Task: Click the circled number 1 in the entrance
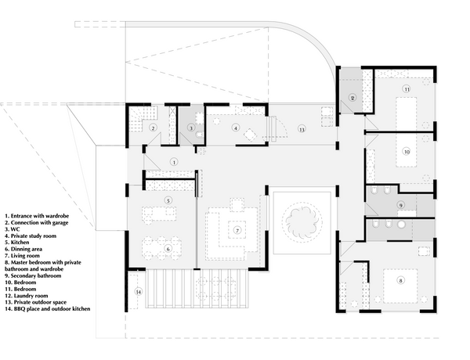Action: tap(174, 162)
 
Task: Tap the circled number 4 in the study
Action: tap(236, 128)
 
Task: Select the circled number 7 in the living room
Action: tap(237, 230)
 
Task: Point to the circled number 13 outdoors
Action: tap(302, 129)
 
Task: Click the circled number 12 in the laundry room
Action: tap(352, 98)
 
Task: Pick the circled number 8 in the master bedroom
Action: tap(400, 280)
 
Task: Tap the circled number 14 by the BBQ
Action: tap(138, 292)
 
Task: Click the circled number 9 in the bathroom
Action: tap(400, 205)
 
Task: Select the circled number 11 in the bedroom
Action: tap(407, 89)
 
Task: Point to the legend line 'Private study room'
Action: tap(31, 236)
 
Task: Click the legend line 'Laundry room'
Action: tap(27, 296)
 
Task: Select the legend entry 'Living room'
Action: tap(22, 256)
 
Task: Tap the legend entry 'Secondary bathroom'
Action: tap(33, 275)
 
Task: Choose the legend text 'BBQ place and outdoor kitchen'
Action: tap(47, 309)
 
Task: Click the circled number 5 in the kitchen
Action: tap(168, 200)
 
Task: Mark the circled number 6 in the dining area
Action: tap(168, 249)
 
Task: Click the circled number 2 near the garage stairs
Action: tap(154, 128)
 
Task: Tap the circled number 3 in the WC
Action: tap(191, 128)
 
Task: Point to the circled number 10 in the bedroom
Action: tap(407, 152)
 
